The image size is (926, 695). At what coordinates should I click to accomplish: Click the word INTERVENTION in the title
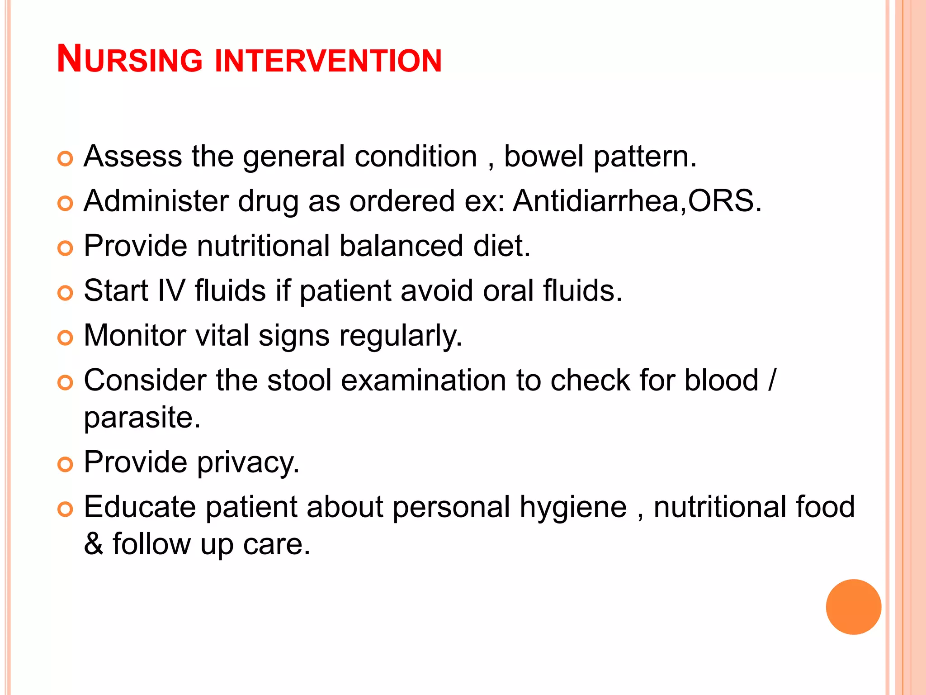[x=328, y=60]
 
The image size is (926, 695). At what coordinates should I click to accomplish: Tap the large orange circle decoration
[x=853, y=607]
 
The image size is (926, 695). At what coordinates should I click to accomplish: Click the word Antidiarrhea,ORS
[x=637, y=201]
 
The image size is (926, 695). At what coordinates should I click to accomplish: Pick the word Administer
[x=156, y=201]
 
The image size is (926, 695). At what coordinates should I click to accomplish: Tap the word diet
[x=501, y=246]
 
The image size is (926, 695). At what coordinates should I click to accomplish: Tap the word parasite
[x=142, y=418]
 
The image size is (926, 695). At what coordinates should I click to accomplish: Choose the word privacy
[x=248, y=463]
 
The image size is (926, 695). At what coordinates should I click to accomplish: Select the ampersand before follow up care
[x=94, y=543]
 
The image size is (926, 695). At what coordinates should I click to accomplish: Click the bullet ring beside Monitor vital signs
[x=66, y=338]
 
